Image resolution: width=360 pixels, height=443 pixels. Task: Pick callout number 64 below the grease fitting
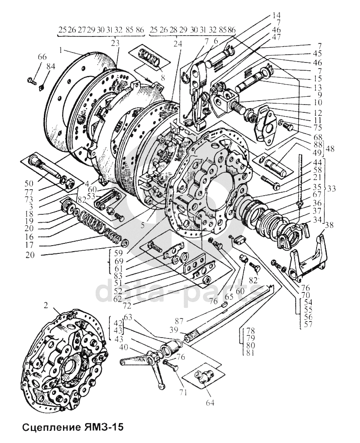[210, 403]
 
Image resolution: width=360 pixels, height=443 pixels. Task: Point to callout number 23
[115, 43]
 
